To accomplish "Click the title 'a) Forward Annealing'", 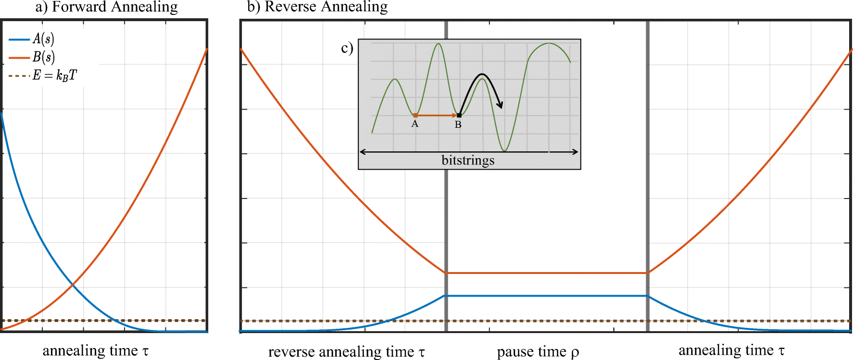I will point(106,7).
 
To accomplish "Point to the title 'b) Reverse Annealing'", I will point(317,7).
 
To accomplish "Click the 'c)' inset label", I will point(347,48).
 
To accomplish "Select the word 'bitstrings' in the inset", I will point(468,160).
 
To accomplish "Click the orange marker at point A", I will point(415,115).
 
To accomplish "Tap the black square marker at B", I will point(459,115).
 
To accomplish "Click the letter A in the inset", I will point(415,124).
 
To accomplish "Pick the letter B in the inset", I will point(458,125).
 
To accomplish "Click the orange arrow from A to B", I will point(437,115).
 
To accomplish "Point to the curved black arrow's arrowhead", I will point(501,105).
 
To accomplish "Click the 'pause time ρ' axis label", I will point(538,352).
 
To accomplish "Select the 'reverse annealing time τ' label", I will point(346,352).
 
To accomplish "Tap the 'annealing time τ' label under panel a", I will point(95,351).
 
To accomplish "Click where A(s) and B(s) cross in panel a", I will point(73,286).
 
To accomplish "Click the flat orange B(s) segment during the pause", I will point(547,273).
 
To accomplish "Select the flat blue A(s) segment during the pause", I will point(547,296).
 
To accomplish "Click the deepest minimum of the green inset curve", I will point(504,150).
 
